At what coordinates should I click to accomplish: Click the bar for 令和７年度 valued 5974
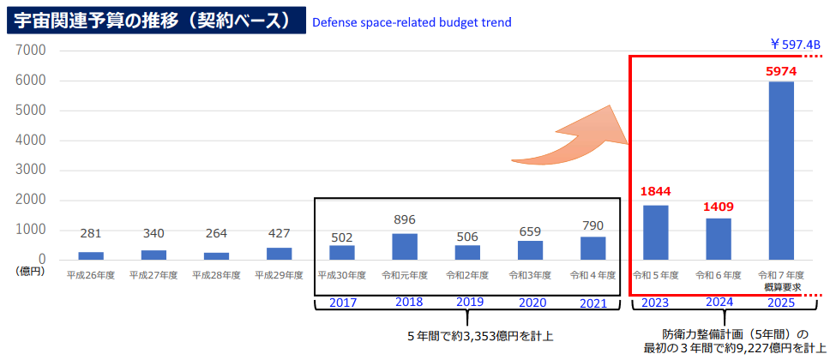tap(781, 171)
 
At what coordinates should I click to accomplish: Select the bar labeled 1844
tap(655, 232)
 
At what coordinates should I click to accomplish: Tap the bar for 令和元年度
tap(405, 247)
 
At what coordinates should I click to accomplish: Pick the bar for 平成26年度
tap(90, 255)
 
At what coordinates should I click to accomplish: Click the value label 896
tap(405, 219)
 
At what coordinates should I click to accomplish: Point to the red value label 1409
tap(719, 206)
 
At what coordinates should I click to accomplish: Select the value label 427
tap(279, 233)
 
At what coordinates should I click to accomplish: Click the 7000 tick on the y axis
tap(30, 51)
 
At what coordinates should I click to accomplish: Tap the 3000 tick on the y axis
tap(30, 170)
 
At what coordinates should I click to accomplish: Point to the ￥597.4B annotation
tap(795, 44)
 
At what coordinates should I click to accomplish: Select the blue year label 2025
tap(781, 302)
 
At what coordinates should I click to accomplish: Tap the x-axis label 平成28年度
tap(216, 275)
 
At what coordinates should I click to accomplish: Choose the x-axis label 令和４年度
tap(592, 275)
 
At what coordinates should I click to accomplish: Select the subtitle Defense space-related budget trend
tap(412, 21)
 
